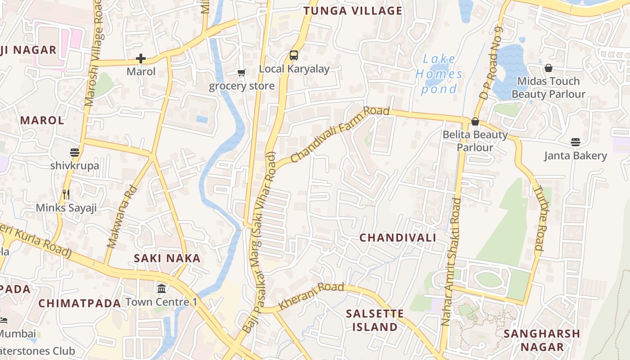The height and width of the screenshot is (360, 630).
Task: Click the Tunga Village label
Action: [x=353, y=11]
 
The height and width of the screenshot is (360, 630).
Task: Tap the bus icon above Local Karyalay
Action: [x=294, y=55]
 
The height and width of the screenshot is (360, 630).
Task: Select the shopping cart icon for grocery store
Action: [x=242, y=72]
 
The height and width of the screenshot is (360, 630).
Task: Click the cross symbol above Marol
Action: [x=141, y=58]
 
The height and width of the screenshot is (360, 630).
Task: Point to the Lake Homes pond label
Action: [x=438, y=74]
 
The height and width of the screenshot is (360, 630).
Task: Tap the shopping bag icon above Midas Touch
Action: [x=548, y=68]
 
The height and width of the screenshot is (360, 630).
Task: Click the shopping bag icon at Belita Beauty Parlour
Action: [x=475, y=121]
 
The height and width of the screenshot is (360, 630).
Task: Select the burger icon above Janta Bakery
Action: [x=575, y=142]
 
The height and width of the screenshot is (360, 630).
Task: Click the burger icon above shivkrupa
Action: [x=75, y=153]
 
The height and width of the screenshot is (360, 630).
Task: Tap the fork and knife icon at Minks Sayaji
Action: [x=66, y=194]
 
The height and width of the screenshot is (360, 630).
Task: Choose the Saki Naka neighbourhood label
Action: [x=167, y=258]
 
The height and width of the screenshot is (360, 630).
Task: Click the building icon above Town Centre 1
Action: [x=161, y=288]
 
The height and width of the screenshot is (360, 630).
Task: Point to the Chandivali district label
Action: [x=398, y=238]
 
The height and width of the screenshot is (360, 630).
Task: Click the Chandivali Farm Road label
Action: [x=340, y=134]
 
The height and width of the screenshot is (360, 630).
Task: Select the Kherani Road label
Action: [x=311, y=295]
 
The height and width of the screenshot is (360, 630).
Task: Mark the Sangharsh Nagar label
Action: [x=542, y=340]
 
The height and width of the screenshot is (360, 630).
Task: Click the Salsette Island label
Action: [x=375, y=320]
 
